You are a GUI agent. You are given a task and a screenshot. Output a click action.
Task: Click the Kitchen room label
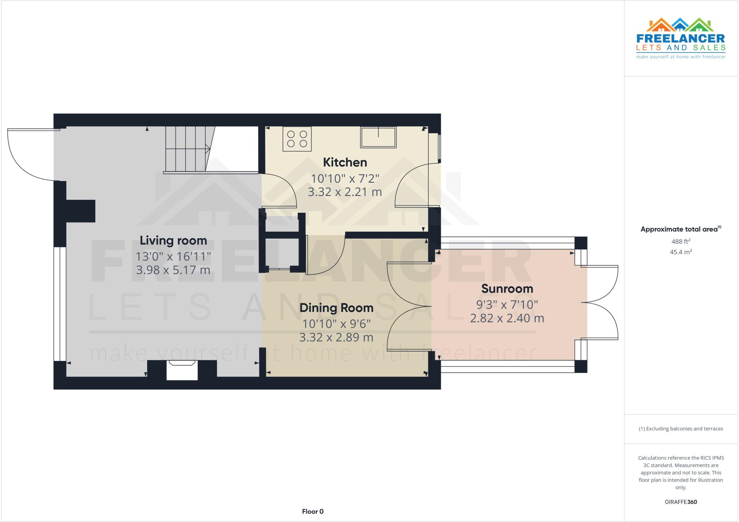pos(345,162)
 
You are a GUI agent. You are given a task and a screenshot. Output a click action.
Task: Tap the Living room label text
pos(173,240)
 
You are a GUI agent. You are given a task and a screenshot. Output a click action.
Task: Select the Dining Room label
pos(336,308)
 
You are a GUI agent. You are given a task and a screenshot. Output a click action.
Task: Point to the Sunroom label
pos(507,289)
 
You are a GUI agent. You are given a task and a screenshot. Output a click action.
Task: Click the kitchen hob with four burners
pos(297,139)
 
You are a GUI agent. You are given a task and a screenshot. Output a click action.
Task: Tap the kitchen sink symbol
pos(378,137)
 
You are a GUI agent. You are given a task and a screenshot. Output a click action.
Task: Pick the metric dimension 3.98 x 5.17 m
pos(173,270)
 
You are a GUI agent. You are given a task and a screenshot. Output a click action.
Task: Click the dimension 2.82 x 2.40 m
pos(507,318)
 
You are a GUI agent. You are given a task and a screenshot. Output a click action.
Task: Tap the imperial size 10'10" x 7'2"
pos(345,178)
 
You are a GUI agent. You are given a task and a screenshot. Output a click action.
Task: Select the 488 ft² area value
pos(681,242)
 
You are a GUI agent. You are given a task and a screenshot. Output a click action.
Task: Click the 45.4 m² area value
pos(681,252)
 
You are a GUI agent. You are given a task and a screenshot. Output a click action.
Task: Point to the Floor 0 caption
pos(312,512)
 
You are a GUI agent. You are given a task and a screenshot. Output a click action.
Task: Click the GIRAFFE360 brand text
pos(681,502)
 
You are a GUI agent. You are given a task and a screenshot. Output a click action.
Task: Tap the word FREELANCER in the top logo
pos(681,39)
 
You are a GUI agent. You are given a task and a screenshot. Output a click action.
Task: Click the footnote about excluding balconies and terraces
pos(681,429)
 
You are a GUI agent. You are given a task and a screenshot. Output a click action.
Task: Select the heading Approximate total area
pos(679,229)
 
